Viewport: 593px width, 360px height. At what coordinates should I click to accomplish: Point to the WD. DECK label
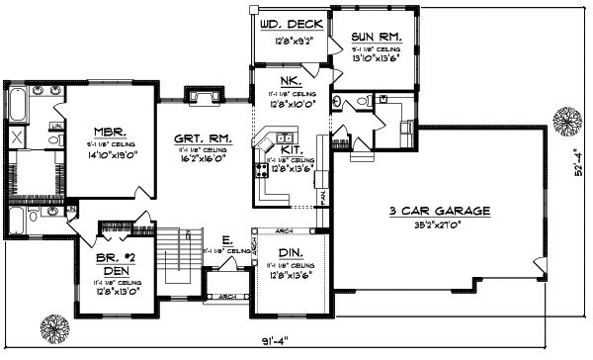point(287,23)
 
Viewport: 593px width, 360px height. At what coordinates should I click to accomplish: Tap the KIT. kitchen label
point(292,147)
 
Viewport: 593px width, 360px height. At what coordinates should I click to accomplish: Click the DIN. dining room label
point(291,254)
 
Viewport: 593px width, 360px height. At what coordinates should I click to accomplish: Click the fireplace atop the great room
point(206,95)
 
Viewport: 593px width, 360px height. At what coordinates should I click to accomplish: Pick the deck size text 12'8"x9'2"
point(287,42)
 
